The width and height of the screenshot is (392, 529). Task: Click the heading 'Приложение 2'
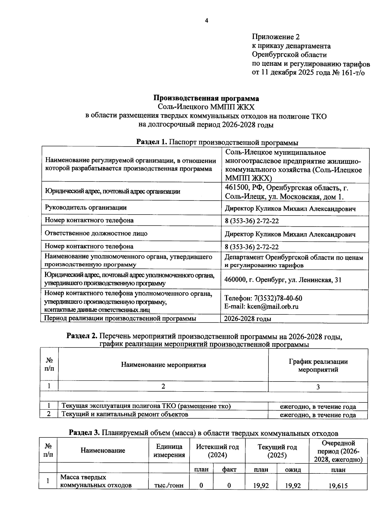pyautogui.click(x=276, y=37)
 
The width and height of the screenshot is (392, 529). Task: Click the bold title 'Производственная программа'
pyautogui.click(x=206, y=98)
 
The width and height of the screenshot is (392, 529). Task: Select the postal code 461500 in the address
pyautogui.click(x=237, y=188)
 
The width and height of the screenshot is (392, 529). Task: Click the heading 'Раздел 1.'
pyautogui.click(x=152, y=142)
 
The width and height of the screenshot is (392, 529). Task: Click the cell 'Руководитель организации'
pyautogui.click(x=86, y=208)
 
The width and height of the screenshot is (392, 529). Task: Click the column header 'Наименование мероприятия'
pyautogui.click(x=163, y=365)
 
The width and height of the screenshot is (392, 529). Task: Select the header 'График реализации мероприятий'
pyautogui.click(x=318, y=366)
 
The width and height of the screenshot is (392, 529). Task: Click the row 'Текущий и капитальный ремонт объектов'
pyautogui.click(x=125, y=414)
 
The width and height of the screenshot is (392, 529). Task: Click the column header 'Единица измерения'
pyautogui.click(x=169, y=450)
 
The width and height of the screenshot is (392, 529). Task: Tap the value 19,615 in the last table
pyautogui.click(x=338, y=486)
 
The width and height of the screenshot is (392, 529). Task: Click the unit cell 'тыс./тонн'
pyautogui.click(x=169, y=485)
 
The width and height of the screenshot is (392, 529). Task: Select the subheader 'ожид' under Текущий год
pyautogui.click(x=292, y=470)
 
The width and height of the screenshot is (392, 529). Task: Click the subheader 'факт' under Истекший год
pyautogui.click(x=229, y=470)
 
